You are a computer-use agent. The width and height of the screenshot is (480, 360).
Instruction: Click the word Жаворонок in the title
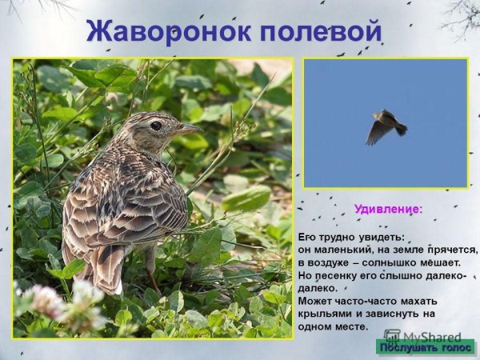click(x=164, y=31)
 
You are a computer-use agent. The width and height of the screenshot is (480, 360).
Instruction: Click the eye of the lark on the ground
click(x=156, y=126)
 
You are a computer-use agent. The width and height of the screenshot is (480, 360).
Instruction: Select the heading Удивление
click(x=388, y=210)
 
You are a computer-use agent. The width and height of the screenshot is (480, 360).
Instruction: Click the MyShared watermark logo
click(x=416, y=338)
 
